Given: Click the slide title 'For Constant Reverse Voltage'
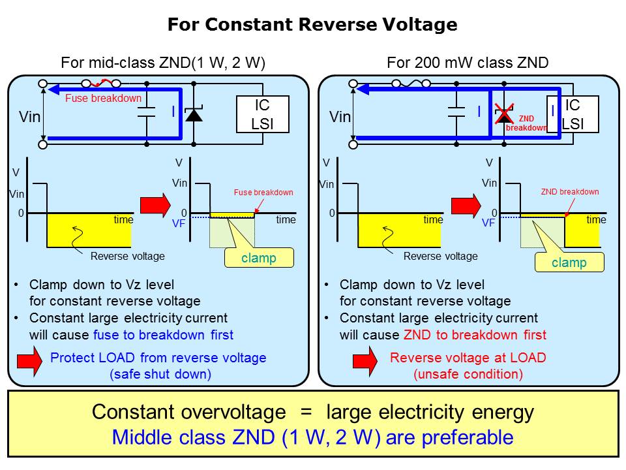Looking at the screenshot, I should (x=312, y=25).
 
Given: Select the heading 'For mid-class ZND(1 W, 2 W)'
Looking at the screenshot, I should (x=162, y=63).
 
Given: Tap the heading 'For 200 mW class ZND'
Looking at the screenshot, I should (x=468, y=63).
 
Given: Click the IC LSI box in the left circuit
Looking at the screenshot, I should (x=261, y=114).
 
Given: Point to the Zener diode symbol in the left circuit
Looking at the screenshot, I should (x=194, y=115).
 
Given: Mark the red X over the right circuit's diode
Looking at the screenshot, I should (x=504, y=114).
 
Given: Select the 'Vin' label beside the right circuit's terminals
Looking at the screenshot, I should (x=340, y=117).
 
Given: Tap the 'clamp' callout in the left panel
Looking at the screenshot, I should (x=259, y=258).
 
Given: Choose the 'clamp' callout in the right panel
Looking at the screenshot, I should (x=569, y=262).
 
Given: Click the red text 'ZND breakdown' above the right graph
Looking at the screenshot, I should (x=569, y=192).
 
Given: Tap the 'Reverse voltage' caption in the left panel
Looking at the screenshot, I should (x=128, y=256).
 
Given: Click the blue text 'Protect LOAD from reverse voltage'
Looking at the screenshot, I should (x=158, y=358).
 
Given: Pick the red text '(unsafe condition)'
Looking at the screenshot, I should (x=468, y=375).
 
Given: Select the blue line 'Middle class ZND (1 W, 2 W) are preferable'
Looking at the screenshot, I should (x=312, y=437).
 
